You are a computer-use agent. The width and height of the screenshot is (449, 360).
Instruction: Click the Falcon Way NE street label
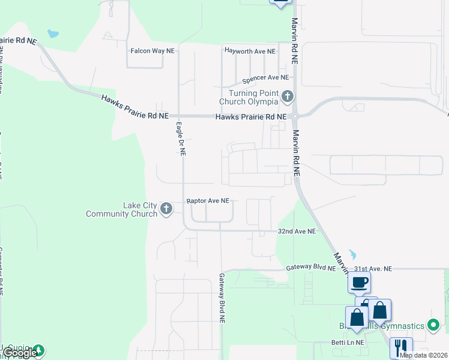coord(152,51)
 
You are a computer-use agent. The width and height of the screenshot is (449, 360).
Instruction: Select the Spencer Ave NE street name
coord(265,78)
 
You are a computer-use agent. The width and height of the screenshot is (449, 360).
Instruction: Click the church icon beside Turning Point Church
coord(288,96)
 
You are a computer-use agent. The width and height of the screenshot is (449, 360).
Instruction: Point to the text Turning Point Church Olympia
coord(253,97)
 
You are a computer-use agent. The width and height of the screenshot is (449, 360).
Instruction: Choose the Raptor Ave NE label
coord(208,200)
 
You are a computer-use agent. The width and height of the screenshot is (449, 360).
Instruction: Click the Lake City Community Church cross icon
coord(166,209)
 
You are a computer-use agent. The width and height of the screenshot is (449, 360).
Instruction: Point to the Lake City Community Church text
coord(122,209)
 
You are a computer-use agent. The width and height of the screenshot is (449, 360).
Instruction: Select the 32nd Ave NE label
coord(297,231)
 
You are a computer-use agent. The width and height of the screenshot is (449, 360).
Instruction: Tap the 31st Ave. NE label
coord(373,269)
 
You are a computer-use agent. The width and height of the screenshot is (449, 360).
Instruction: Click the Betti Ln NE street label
coord(343,343)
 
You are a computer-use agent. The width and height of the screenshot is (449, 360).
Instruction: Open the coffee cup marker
coord(360,282)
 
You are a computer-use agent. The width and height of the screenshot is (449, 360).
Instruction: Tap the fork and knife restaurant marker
coord(401,347)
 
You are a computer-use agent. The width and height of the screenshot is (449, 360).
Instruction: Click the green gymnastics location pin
coord(434,326)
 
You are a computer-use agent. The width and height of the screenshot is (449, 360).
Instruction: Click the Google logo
coord(20,353)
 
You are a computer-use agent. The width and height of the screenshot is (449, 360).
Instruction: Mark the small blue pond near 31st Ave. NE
coord(352,254)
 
